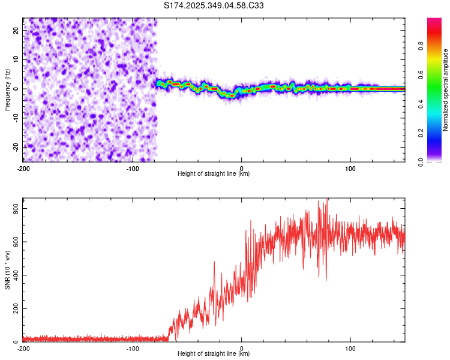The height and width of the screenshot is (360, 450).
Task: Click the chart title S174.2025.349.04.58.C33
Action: [214, 6]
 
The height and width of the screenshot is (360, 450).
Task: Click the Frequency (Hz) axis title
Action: [7, 89]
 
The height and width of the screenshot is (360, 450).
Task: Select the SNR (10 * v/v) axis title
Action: [7, 269]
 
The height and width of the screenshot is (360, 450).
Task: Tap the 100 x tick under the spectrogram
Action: [350, 167]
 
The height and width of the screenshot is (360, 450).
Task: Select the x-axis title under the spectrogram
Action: [214, 174]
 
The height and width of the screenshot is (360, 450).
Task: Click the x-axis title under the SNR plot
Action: [214, 355]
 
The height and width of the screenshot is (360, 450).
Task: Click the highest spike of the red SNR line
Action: [326, 200]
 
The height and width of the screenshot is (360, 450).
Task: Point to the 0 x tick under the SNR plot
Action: [242, 348]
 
